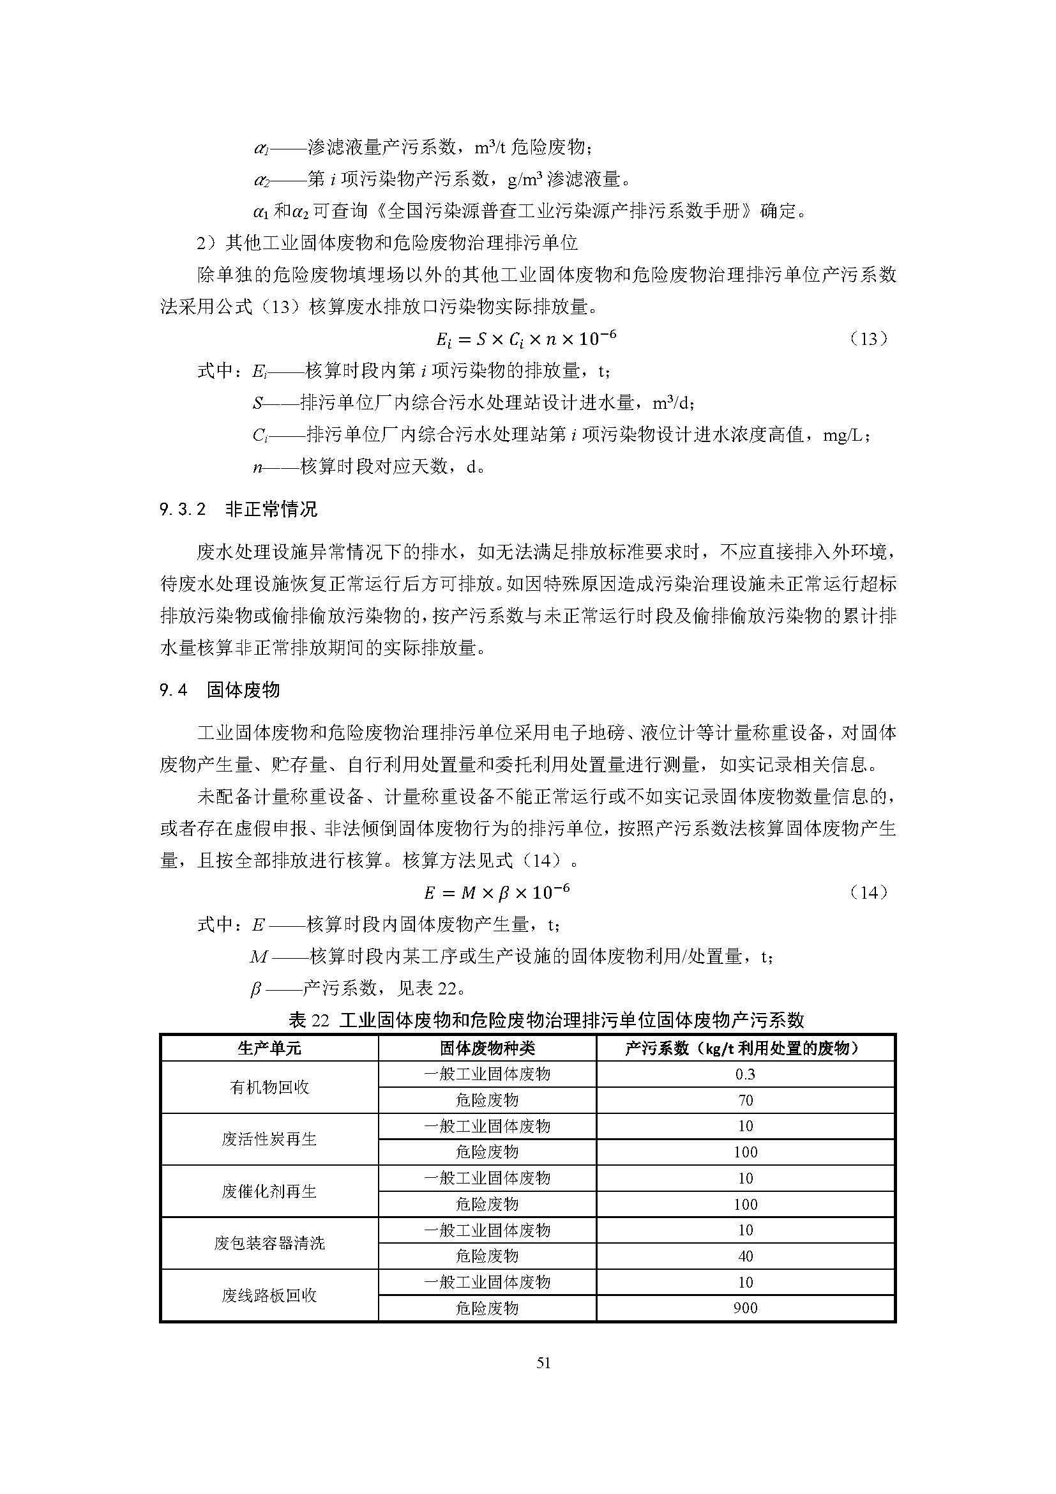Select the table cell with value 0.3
[x=745, y=1074]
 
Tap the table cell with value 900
[x=745, y=1308]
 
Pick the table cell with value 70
[x=745, y=1101]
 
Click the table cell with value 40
[x=745, y=1256]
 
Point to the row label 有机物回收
[x=269, y=1087]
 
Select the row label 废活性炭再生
[x=269, y=1140]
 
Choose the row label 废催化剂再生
[x=269, y=1191]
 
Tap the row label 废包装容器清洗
[x=269, y=1243]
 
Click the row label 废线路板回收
[x=269, y=1295]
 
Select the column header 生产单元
[x=269, y=1048]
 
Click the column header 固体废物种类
[x=487, y=1048]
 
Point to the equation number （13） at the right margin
[x=869, y=339]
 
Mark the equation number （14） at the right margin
[x=869, y=892]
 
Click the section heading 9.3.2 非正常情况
[x=239, y=509]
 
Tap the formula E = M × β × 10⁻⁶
[x=497, y=892]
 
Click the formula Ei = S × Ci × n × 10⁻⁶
[x=525, y=339]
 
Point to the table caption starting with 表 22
[x=547, y=1019]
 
